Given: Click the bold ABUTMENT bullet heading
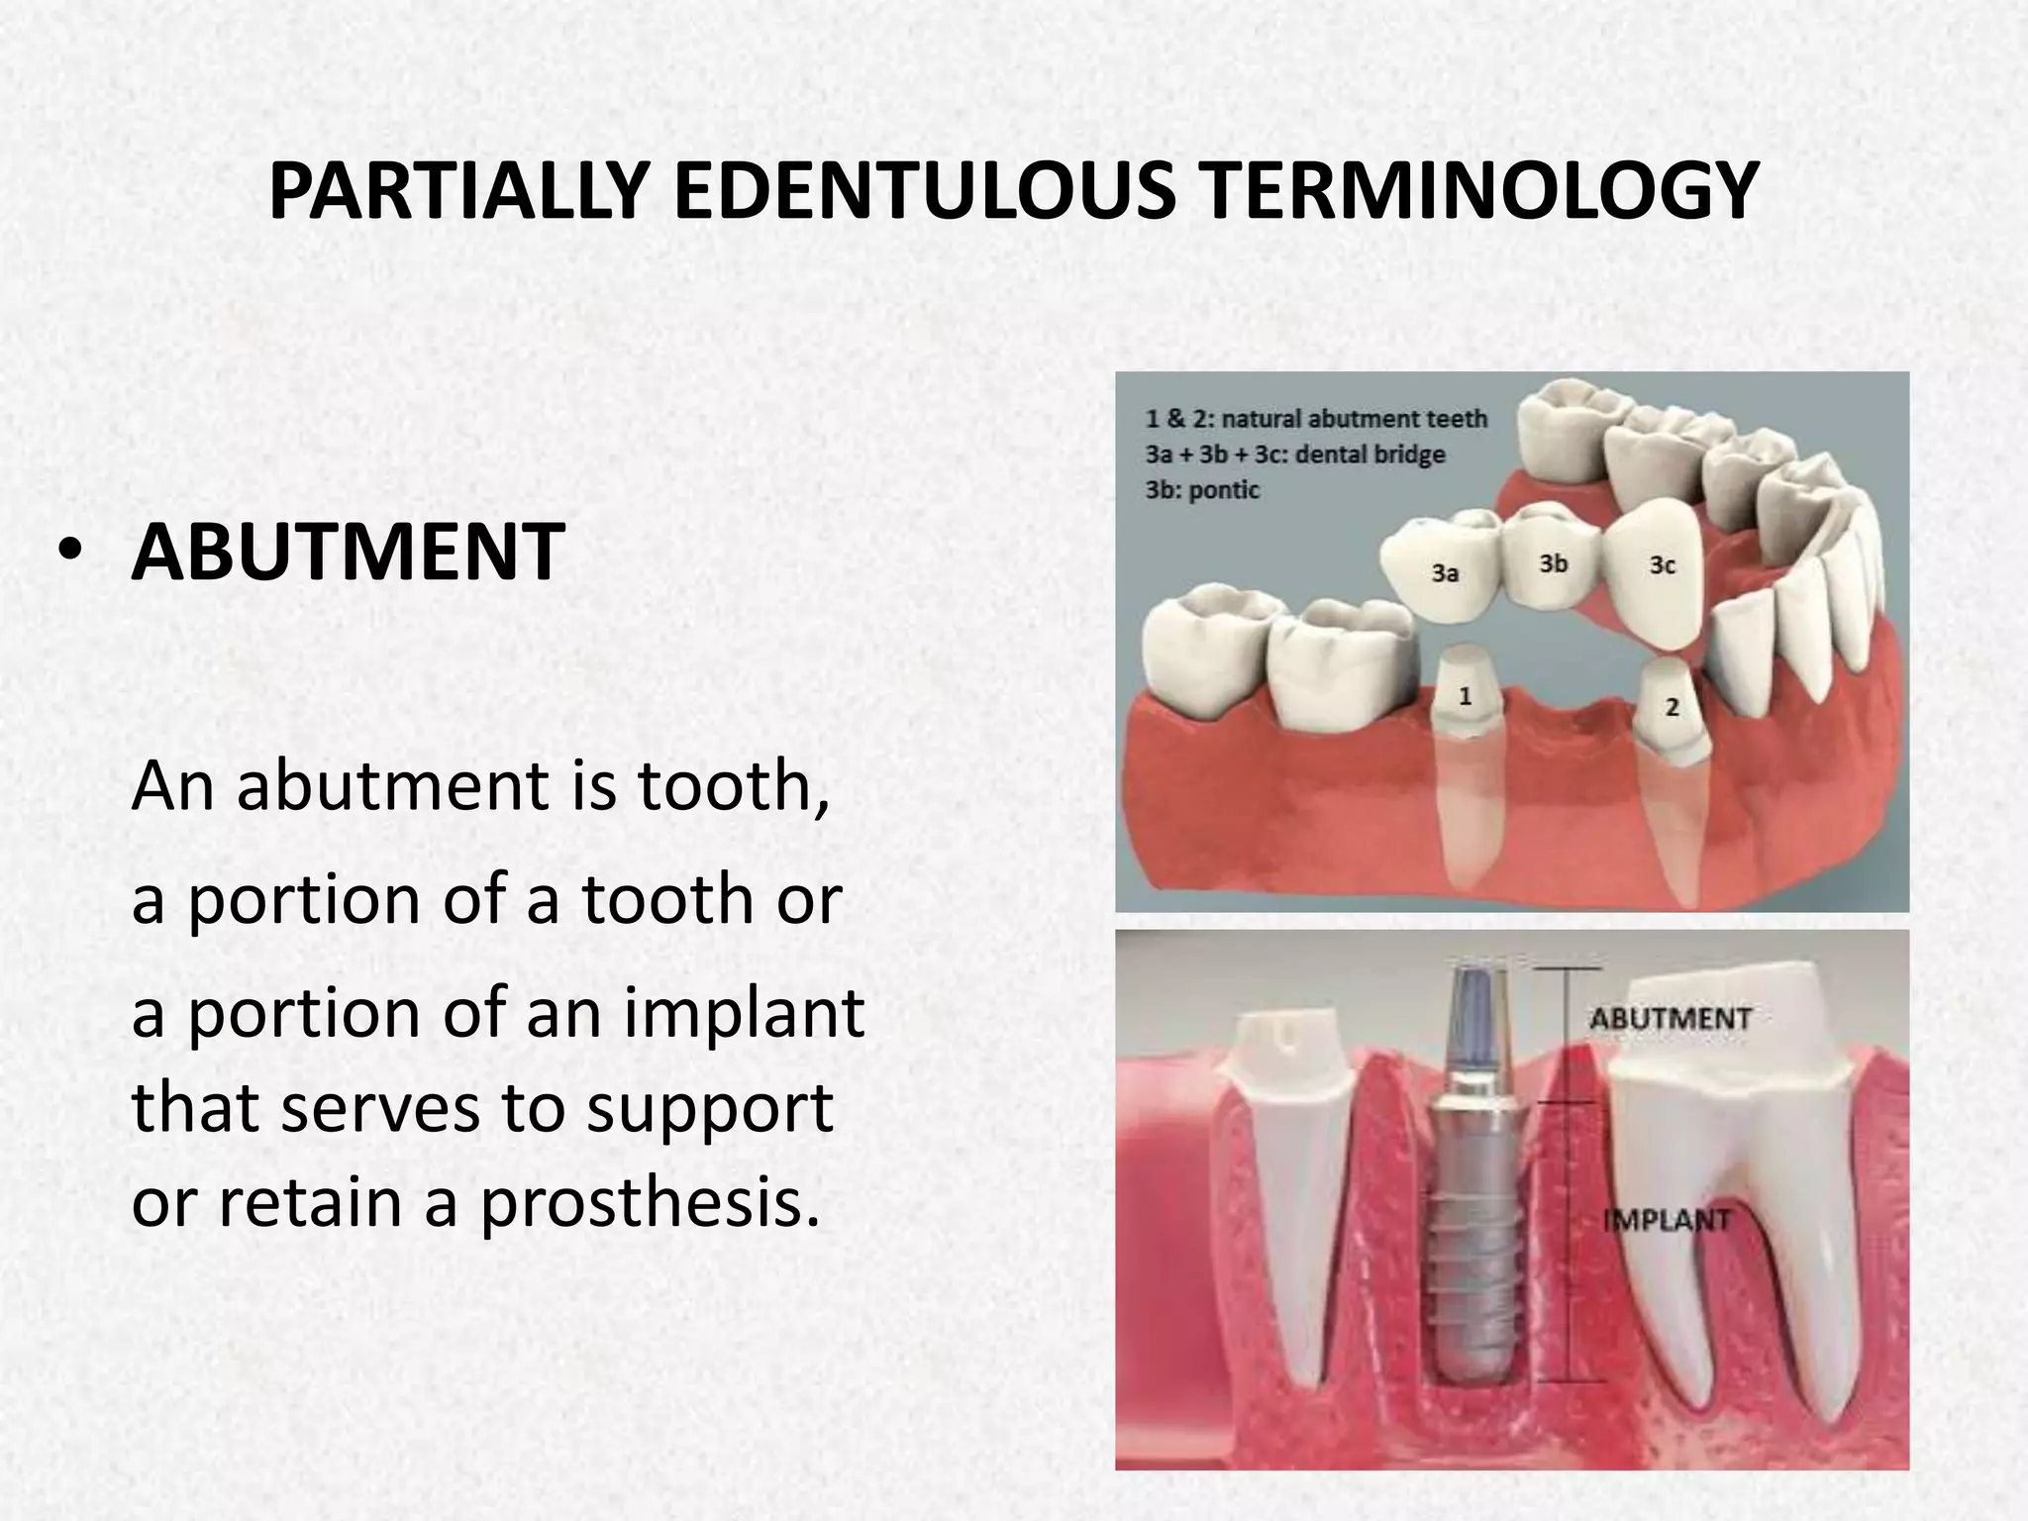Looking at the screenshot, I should point(348,553).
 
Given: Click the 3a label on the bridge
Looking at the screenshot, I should point(1445,572).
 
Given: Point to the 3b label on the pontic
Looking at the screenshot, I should point(1553,563).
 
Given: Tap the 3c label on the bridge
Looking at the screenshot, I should point(1663,564).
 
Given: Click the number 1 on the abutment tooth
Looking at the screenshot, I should point(1466,696).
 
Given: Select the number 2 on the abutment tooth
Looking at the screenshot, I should point(1673,707).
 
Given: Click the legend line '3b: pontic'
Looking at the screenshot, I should point(1202,490).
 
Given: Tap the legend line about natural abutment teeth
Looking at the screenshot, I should point(1316,419).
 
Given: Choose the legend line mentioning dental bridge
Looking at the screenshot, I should point(1295,455).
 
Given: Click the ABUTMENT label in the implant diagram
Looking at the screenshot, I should point(1671,1018).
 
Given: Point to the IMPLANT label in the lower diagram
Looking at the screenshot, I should point(1667,1220).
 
